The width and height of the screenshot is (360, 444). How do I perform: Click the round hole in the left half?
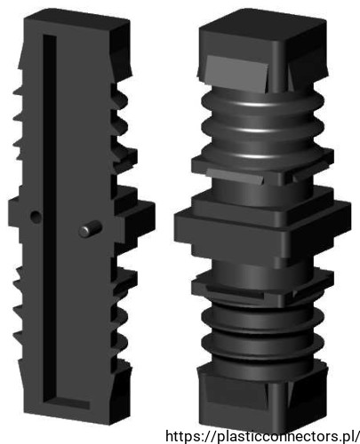[x=36, y=217]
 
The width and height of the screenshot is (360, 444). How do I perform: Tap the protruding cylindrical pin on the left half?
[x=91, y=229]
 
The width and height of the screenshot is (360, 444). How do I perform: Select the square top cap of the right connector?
[x=263, y=46]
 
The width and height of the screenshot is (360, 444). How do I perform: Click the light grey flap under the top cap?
[x=236, y=73]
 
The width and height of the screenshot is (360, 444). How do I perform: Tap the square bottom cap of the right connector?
[x=262, y=398]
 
